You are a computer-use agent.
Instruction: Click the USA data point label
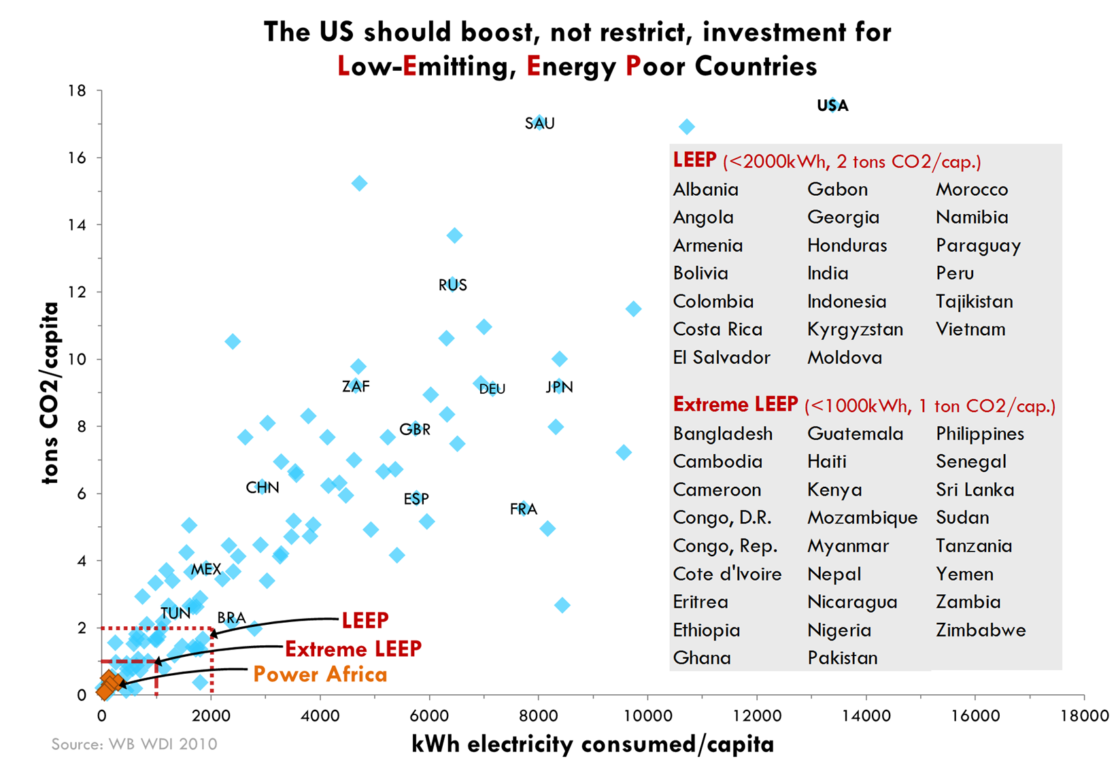(x=832, y=105)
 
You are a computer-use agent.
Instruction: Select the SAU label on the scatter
(x=539, y=124)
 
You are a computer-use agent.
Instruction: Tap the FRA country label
(x=523, y=509)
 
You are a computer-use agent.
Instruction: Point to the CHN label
(x=262, y=487)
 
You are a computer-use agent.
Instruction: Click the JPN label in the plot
(x=559, y=388)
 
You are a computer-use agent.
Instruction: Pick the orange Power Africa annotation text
(x=320, y=674)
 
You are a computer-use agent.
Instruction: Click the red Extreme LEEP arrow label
(x=353, y=649)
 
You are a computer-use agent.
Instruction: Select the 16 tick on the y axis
(x=78, y=158)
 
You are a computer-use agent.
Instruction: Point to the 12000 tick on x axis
(x=756, y=716)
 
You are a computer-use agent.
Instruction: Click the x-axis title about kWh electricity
(x=592, y=744)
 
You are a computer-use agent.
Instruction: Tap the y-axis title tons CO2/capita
(x=50, y=393)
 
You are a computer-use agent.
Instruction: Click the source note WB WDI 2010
(x=135, y=744)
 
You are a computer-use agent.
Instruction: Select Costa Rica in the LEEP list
(x=717, y=330)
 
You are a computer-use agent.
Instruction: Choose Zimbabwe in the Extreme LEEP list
(x=980, y=630)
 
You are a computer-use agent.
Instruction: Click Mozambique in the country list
(x=862, y=518)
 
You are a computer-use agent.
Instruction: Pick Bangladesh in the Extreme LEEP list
(x=722, y=434)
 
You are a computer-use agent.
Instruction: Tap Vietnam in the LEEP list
(x=970, y=330)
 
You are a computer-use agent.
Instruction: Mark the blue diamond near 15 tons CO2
(x=359, y=184)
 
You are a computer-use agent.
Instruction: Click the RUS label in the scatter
(x=452, y=286)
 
